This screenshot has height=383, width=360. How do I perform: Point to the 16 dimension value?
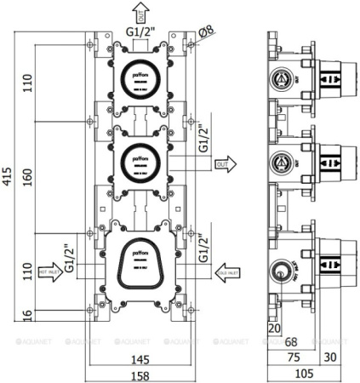(x=26, y=317)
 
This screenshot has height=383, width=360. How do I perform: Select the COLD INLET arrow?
(x=227, y=272)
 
